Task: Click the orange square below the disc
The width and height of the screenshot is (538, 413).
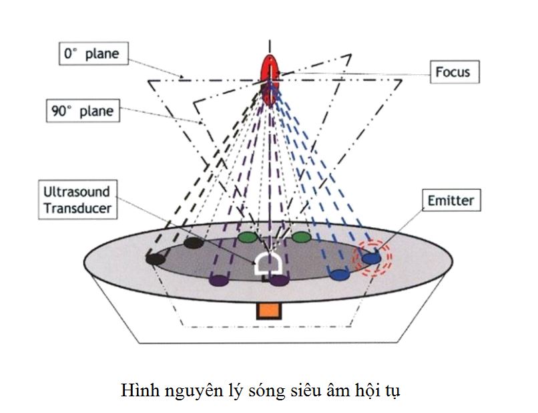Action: pos(268,310)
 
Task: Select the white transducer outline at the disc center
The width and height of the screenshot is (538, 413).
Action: pos(269,265)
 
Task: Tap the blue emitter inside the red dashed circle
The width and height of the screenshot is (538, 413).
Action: pos(372,256)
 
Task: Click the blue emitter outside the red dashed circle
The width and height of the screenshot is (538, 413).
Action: pos(340,273)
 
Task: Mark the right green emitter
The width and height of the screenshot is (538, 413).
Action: pos(301,237)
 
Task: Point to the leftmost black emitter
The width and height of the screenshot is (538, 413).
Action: pos(156,258)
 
